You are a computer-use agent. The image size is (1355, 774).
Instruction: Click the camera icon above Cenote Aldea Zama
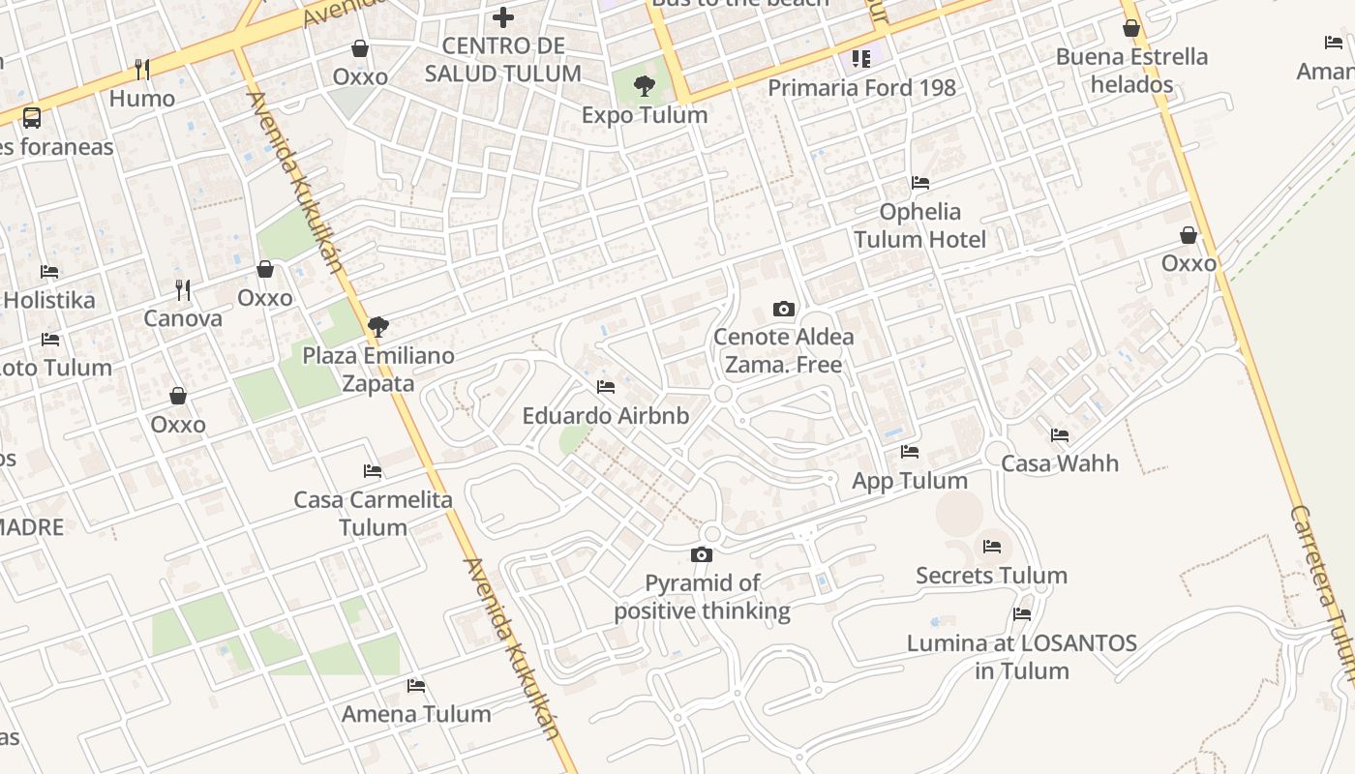tap(784, 310)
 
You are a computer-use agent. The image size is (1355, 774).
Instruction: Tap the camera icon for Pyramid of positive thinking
tap(702, 555)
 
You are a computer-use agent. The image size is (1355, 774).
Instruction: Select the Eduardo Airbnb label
tap(606, 416)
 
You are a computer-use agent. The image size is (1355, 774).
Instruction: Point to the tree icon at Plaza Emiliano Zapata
tap(378, 327)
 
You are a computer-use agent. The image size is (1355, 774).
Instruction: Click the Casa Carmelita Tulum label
tap(373, 514)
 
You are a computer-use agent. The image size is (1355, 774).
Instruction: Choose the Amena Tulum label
tap(416, 714)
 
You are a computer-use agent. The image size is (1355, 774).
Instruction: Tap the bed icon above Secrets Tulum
tap(992, 547)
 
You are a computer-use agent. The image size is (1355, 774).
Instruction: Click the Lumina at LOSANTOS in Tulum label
tap(1022, 656)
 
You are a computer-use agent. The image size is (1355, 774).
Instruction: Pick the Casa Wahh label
tap(1060, 463)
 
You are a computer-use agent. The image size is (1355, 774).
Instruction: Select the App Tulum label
tap(910, 481)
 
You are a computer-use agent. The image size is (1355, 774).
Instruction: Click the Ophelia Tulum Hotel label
tap(919, 225)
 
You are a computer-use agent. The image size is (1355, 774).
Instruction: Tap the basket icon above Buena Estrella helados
tap(1130, 28)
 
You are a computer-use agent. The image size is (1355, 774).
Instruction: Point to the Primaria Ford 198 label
tap(861, 88)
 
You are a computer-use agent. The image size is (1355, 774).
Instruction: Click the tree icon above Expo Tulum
tap(644, 86)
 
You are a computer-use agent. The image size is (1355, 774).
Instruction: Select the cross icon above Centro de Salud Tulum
tap(503, 16)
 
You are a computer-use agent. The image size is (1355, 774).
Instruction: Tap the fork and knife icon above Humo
tap(142, 69)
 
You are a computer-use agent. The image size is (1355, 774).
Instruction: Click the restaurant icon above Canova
tap(183, 289)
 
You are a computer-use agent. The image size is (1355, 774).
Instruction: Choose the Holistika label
tap(49, 300)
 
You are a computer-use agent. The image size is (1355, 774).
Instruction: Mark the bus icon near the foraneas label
tap(32, 118)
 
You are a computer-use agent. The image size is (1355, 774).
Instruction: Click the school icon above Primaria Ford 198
tap(861, 59)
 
